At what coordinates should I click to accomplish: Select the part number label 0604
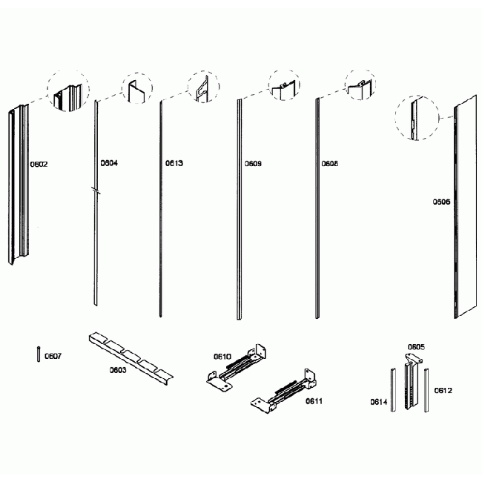coord(109,162)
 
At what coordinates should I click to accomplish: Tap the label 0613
coord(174,163)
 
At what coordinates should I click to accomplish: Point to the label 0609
coord(253,163)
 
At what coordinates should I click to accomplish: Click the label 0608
coord(330,163)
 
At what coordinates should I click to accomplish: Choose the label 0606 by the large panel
coord(442,201)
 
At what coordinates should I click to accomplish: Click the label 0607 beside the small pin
coord(53,356)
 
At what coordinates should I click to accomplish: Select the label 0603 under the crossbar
coord(119,369)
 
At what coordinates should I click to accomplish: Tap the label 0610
coord(222,357)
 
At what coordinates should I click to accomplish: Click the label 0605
coord(415,346)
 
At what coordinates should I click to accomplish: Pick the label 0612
coord(443,390)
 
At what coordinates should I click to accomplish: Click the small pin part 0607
coord(37,354)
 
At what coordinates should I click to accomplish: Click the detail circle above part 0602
coord(69,92)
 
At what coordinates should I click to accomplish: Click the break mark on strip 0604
coord(95,191)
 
